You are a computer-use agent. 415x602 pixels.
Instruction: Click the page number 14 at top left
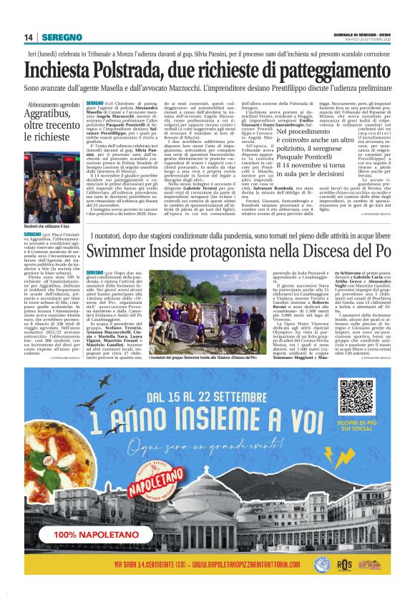point(29,37)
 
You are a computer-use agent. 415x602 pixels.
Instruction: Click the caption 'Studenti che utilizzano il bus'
point(51,227)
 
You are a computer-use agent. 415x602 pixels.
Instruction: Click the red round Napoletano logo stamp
point(151,493)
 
